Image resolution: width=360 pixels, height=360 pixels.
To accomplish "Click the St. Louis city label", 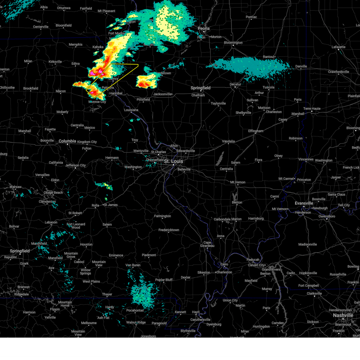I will [173, 161].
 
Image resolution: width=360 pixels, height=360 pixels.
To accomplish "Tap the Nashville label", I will [343, 315].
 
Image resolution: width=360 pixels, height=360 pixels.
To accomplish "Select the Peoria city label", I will [203, 28].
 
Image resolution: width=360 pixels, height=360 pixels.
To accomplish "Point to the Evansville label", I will [304, 203].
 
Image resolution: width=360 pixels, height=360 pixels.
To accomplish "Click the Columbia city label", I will [67, 141].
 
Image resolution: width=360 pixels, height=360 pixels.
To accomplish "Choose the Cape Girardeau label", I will [207, 244].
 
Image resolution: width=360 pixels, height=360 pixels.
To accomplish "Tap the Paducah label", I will [253, 260].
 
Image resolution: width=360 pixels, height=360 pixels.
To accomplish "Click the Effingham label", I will [256, 131].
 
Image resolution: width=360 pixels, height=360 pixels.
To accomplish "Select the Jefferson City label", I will [76, 165].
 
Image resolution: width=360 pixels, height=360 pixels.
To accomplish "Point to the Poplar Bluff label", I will [164, 280].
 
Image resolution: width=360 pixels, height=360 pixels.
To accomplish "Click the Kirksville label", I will [55, 62].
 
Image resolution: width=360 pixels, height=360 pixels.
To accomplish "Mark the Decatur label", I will [235, 85].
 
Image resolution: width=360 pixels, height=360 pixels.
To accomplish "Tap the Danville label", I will [301, 67].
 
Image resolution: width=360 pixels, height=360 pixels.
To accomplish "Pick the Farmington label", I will [162, 216].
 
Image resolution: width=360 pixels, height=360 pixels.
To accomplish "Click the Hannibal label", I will [116, 93].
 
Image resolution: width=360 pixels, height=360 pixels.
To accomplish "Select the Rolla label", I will [95, 205].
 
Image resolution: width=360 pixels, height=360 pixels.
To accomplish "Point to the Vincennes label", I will [306, 160].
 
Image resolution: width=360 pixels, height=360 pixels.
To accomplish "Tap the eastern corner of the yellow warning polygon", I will [138, 65].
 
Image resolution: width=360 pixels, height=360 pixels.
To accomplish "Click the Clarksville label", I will [314, 294].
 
